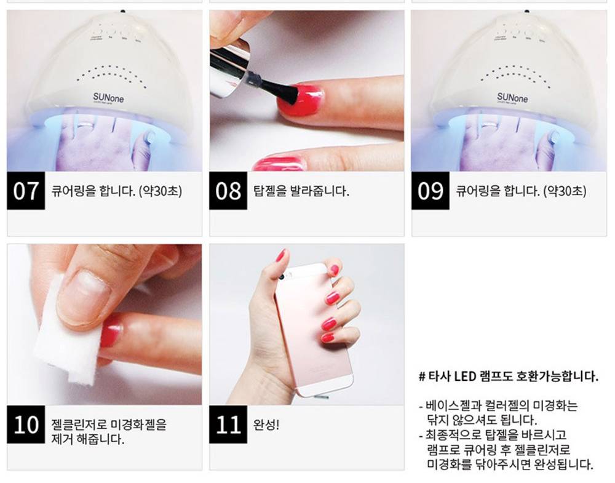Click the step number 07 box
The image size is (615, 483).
click(26, 190)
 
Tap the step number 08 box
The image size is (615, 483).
click(228, 190)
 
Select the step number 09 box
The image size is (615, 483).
click(430, 190)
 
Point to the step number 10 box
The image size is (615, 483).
click(26, 425)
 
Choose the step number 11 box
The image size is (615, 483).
click(228, 425)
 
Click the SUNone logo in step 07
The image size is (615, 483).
click(108, 97)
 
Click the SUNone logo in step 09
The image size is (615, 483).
click(512, 97)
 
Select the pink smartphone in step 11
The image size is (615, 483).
click(314, 330)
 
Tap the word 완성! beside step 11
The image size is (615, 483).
click(266, 425)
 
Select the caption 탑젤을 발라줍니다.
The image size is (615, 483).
click(301, 191)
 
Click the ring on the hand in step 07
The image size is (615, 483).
click(85, 125)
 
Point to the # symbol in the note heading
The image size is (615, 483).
click(422, 377)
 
